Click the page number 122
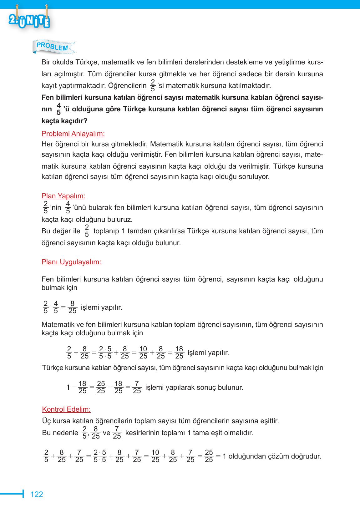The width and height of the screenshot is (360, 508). [x=37, y=494]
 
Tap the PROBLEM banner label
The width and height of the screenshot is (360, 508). [x=52, y=46]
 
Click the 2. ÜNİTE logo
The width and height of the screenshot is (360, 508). [x=29, y=20]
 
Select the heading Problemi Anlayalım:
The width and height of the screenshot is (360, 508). [x=73, y=134]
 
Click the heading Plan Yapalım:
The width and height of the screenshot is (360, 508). [x=63, y=196]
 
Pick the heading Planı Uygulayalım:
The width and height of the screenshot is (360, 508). [x=71, y=262]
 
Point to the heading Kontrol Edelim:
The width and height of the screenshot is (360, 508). [x=66, y=409]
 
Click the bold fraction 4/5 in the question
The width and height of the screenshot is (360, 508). [x=58, y=109]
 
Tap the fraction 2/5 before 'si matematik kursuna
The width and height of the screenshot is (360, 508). [x=153, y=85]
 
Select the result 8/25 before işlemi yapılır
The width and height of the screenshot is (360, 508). [x=72, y=307]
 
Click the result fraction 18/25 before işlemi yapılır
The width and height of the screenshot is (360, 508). [x=179, y=353]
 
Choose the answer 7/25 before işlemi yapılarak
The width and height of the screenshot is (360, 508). [x=137, y=387]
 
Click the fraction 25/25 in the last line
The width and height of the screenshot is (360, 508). [x=209, y=456]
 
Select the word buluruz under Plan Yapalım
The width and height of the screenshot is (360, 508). [x=120, y=220]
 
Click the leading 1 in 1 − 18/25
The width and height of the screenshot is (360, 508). [x=68, y=387]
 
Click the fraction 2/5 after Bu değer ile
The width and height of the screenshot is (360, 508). [x=87, y=231]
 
